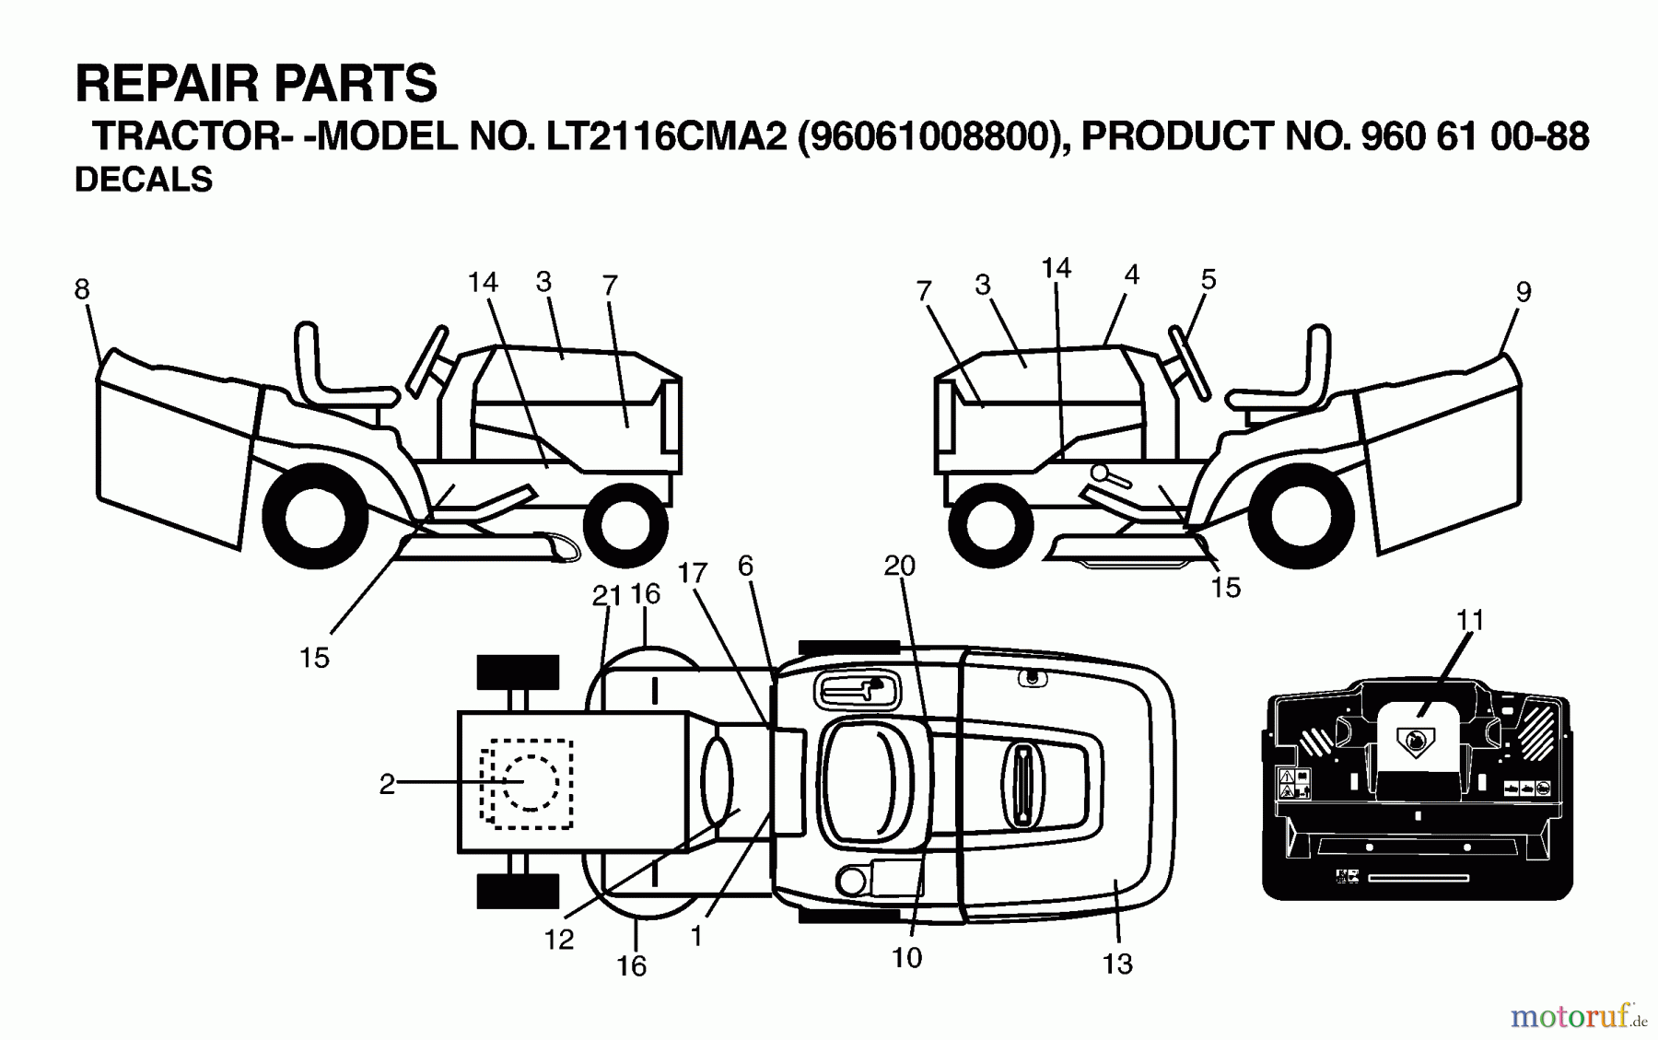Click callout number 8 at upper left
(82, 289)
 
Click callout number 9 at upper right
(1524, 292)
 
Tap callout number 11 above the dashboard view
(1470, 620)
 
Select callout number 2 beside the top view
(387, 783)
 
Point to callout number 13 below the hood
(1116, 964)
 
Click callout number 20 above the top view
(899, 566)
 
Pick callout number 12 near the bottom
(559, 939)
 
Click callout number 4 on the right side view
(1132, 275)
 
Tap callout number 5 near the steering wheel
(1208, 279)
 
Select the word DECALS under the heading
(144, 180)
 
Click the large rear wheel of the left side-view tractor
(314, 517)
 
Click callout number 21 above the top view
(605, 596)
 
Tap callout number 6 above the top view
(745, 566)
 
